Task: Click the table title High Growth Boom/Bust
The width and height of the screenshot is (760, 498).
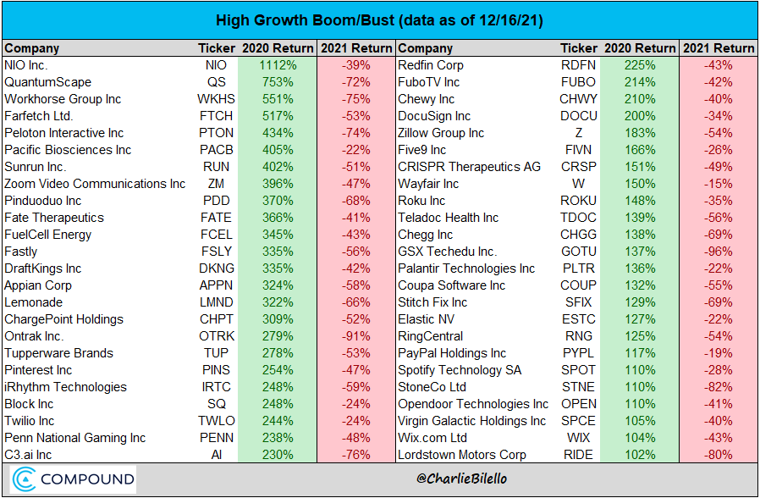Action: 379,19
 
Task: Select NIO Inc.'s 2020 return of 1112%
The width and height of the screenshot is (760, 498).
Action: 278,65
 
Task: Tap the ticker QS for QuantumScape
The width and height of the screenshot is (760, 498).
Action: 216,82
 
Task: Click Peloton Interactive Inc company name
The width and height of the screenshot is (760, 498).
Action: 64,133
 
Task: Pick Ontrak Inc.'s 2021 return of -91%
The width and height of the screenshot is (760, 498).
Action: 356,336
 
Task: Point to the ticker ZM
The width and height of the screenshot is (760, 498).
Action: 216,184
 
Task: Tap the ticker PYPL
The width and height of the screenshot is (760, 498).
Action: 578,353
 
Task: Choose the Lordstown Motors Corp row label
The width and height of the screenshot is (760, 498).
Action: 462,455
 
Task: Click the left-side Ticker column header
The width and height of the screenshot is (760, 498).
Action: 217,48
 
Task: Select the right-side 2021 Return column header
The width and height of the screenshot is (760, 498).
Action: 718,48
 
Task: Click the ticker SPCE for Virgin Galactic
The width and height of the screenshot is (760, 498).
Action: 578,421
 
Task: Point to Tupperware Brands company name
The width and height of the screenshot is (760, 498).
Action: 58,353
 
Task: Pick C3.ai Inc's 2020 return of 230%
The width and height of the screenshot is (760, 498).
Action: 278,455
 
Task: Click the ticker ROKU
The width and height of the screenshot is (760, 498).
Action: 578,201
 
